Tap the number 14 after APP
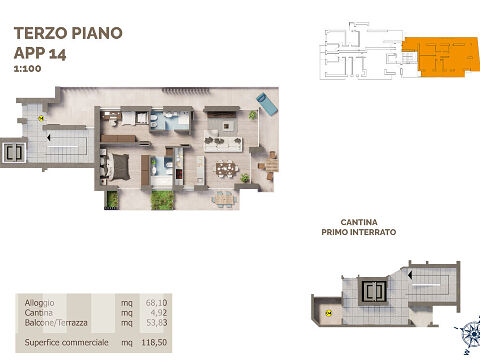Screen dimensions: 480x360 [x=57, y=54]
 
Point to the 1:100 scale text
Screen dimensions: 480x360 [x=28, y=69]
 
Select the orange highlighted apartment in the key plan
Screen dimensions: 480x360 [x=440, y=56]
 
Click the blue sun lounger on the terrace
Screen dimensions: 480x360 [x=267, y=104]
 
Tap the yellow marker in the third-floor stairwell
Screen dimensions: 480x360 [x=41, y=118]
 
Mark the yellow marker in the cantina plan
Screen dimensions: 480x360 [x=328, y=313]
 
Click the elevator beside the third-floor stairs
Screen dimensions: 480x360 [x=14, y=153]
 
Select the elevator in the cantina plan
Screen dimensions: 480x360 [x=373, y=291]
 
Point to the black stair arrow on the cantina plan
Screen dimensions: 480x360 [x=410, y=275]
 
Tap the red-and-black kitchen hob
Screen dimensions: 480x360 [x=179, y=174]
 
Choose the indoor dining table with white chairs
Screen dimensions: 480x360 [x=227, y=169]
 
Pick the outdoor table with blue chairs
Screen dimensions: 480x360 [x=224, y=199]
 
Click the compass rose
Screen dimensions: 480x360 [x=470, y=334]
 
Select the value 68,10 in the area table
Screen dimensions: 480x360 [x=156, y=303]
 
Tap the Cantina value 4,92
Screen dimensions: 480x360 [x=159, y=313]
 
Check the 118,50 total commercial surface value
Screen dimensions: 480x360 [x=154, y=342]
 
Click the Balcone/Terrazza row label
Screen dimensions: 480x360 [x=56, y=323]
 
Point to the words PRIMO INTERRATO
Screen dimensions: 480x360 [x=359, y=232]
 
